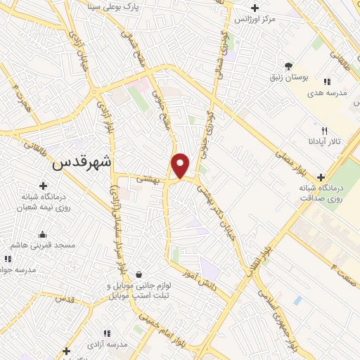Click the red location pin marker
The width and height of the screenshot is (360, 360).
coord(181,165)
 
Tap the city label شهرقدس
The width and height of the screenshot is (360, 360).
coord(83,160)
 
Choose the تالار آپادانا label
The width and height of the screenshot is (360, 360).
coord(324,141)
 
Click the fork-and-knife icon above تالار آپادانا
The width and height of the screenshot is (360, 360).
coord(324,130)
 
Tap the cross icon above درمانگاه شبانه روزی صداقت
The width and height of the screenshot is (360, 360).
coord(321,177)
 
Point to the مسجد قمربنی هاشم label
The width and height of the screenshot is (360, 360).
coord(44,245)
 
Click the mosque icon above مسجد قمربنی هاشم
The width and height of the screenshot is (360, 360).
coord(44,234)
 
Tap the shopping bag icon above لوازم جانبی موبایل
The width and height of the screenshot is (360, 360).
coord(139,274)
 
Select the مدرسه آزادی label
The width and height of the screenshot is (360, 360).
coord(108,344)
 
